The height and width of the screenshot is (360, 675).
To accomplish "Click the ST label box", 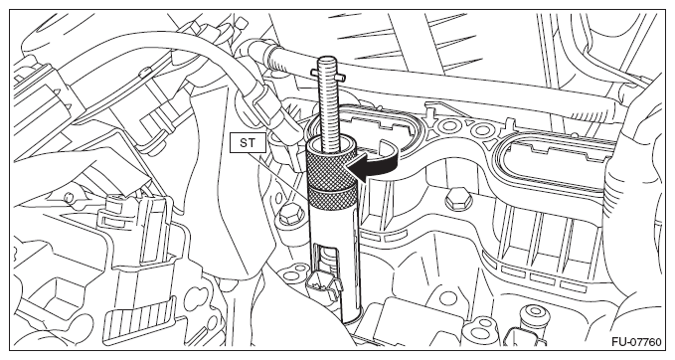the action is (x=248, y=142).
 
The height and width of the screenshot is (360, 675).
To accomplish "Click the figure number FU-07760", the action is (x=636, y=342).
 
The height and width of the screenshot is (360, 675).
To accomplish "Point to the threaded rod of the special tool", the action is (x=330, y=104).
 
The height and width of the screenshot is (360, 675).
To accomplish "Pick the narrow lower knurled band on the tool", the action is (x=332, y=198).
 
